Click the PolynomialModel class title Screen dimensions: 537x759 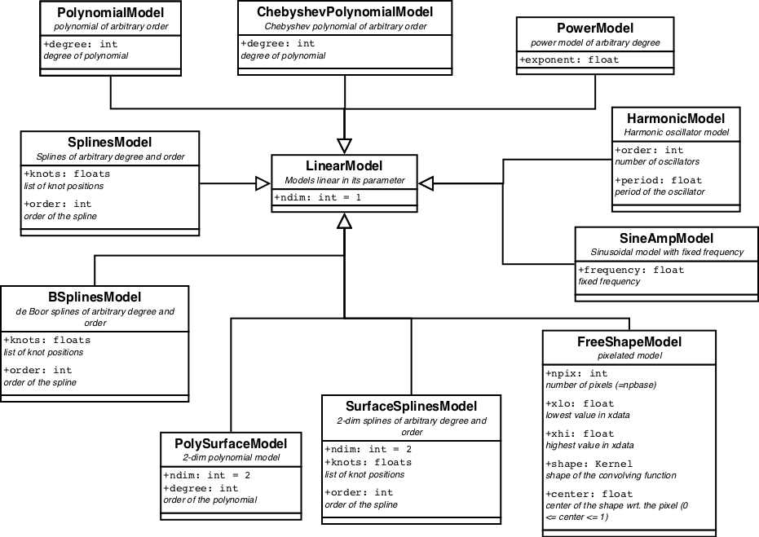click(111, 13)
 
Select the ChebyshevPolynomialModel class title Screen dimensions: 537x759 click(344, 12)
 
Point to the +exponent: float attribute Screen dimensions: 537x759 click(569, 59)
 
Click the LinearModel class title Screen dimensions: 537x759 click(345, 165)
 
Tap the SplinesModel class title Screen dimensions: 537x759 click(110, 143)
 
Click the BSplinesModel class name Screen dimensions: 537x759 click(95, 297)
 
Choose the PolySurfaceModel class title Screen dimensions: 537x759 click(231, 443)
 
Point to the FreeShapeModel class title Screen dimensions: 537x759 click(629, 341)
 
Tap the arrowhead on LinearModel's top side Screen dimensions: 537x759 click(345, 146)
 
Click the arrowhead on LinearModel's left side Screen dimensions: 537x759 click(263, 183)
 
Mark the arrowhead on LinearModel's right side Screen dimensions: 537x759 click(426, 183)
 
